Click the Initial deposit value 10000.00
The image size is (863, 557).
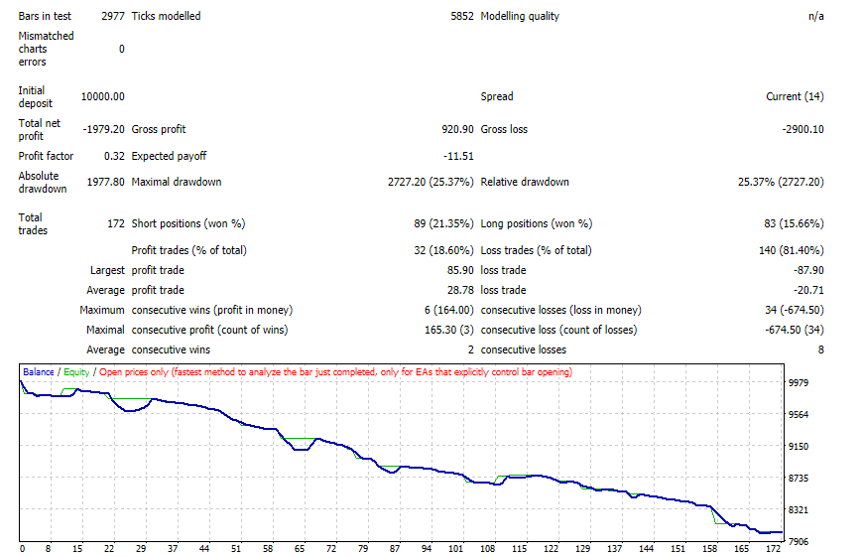coord(103,96)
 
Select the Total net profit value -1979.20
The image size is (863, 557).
coord(104,129)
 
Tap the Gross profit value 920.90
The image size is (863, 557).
coord(457,129)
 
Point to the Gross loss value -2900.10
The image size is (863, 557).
coord(803,129)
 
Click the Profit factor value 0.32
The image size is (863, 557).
coord(114,156)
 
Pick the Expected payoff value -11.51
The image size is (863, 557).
coord(458,156)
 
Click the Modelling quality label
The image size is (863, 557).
coord(520,16)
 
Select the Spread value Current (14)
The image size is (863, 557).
coord(795,96)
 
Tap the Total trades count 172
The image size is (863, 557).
coord(116,223)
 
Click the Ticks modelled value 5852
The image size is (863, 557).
coord(462,16)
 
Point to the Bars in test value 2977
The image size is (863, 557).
coord(113,16)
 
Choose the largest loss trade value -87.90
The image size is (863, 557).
coord(808,270)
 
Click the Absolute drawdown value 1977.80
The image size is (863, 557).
coord(106,182)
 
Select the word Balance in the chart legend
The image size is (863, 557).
coord(39,372)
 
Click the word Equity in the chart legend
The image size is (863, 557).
coord(76,372)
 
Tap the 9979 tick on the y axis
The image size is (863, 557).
coord(799,382)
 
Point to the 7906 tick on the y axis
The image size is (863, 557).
coord(799,541)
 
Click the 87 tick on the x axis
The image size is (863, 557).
coord(395,549)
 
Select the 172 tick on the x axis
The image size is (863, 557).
coord(774,549)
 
